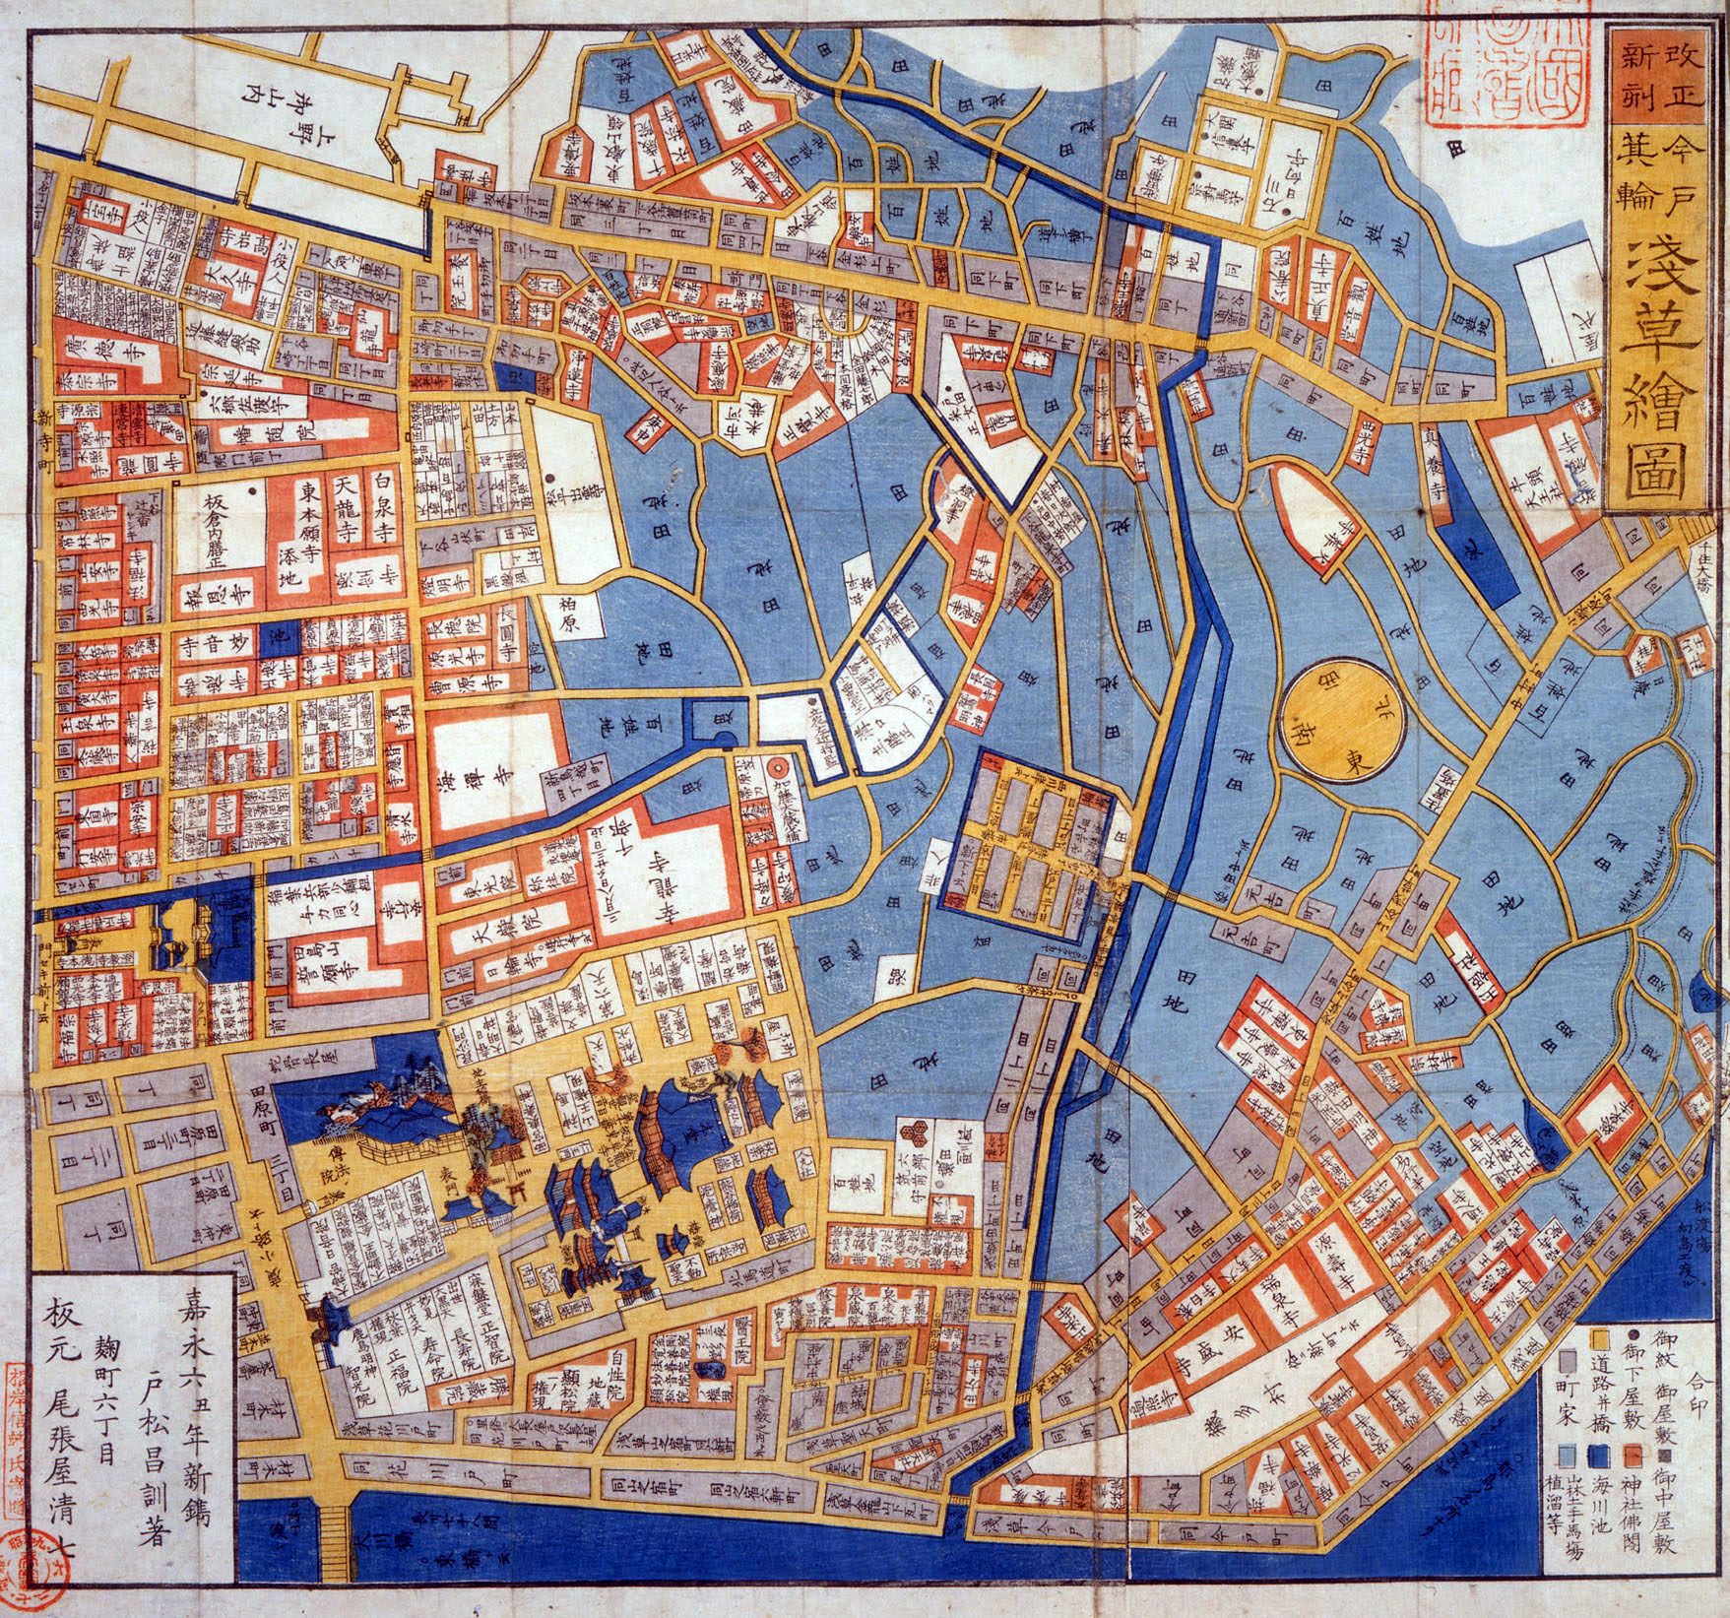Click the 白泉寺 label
[384, 507]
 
